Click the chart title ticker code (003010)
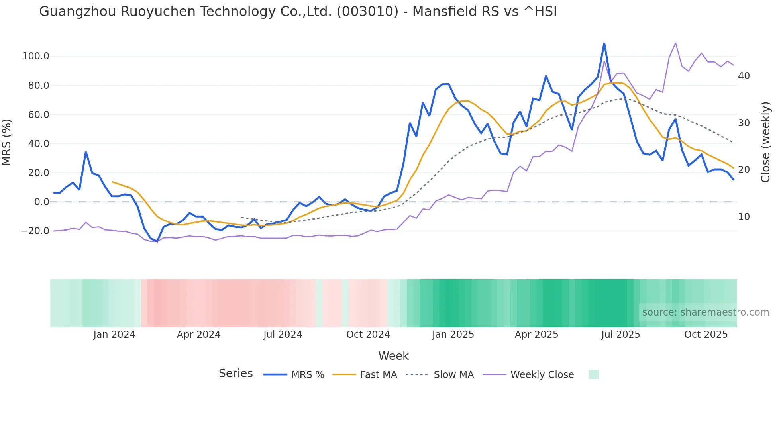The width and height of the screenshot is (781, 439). (x=367, y=12)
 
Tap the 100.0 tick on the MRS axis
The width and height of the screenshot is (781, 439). (x=36, y=56)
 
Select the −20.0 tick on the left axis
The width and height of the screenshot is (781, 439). (x=35, y=231)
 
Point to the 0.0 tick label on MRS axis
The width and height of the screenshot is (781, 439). (x=41, y=202)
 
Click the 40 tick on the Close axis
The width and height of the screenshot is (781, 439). (x=744, y=76)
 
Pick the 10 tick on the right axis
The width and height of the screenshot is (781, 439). (x=744, y=217)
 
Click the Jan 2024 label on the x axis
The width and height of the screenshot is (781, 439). (x=114, y=335)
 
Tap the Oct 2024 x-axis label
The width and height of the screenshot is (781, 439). (x=368, y=335)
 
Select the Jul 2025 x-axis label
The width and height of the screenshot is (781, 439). (x=620, y=335)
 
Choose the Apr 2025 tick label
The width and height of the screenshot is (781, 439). (x=536, y=335)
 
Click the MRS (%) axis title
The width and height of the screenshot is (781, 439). (x=7, y=142)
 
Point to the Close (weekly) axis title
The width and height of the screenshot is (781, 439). (x=765, y=142)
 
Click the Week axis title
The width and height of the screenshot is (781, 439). (x=393, y=356)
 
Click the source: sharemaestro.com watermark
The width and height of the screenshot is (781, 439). (x=705, y=312)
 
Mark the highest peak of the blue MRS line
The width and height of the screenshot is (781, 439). (x=604, y=43)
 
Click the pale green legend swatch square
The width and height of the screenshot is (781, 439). (x=594, y=374)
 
